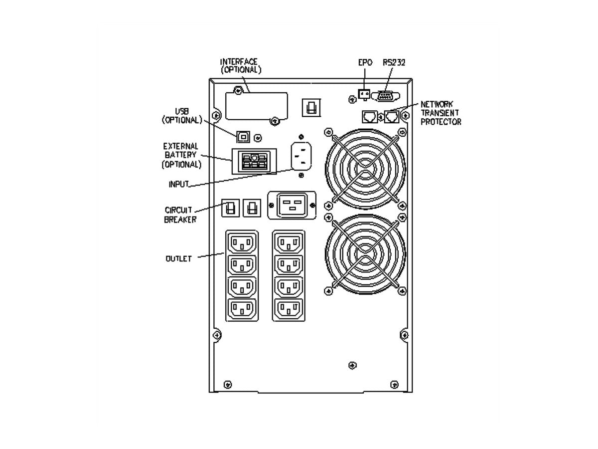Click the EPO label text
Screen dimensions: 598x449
click(x=365, y=62)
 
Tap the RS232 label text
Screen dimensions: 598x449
click(x=394, y=62)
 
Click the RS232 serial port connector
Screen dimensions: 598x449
click(x=385, y=96)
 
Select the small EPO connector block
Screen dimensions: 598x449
click(x=364, y=94)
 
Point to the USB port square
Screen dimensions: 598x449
click(x=243, y=137)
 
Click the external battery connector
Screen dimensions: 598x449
click(x=254, y=161)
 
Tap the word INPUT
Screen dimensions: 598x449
click(x=179, y=184)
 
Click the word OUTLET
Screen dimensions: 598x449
click(x=178, y=258)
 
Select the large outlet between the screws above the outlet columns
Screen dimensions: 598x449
click(x=292, y=205)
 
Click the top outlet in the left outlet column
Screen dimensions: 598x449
click(x=242, y=242)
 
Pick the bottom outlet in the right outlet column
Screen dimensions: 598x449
click(x=289, y=309)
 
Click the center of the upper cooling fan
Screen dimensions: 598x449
click(x=365, y=169)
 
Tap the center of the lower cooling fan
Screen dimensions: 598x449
click(x=365, y=254)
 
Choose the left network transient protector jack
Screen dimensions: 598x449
click(x=370, y=117)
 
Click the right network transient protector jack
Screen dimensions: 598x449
click(x=392, y=117)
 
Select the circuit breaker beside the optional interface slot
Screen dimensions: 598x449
click(x=311, y=107)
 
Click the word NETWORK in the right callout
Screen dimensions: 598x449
click(x=437, y=104)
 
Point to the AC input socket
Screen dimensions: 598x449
click(x=301, y=156)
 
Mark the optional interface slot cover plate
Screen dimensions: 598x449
click(x=256, y=106)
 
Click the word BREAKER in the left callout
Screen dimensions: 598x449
click(x=180, y=220)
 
